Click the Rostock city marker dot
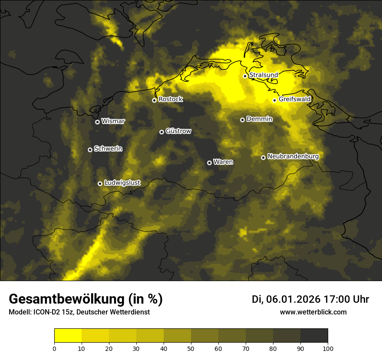click(x=154, y=100)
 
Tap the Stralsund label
click(x=263, y=75)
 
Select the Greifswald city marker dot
click(x=274, y=100)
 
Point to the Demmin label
click(x=259, y=119)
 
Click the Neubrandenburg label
click(x=293, y=157)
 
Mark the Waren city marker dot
click(x=209, y=163)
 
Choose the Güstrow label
click(x=178, y=131)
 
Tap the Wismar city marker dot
click(x=97, y=122)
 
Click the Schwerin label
click(x=108, y=149)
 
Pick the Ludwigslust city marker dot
click(x=100, y=183)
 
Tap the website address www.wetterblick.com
click(x=313, y=312)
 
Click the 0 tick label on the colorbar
click(x=54, y=348)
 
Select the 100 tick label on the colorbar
click(x=328, y=348)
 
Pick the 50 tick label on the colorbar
click(x=191, y=348)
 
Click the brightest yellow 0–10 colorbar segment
click(x=68, y=336)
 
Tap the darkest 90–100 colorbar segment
click(x=314, y=336)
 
